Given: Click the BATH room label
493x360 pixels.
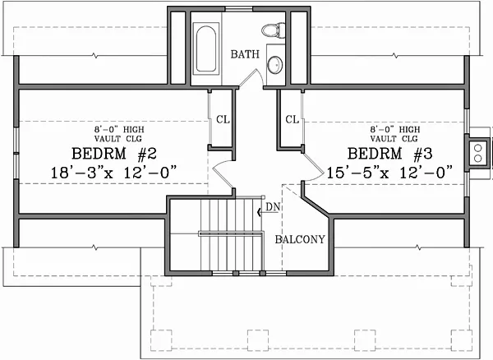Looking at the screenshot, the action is (245, 54).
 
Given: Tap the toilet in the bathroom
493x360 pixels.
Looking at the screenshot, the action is (273, 30).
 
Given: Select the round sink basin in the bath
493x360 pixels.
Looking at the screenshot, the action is (274, 65).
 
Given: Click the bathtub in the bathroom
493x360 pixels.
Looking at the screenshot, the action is (206, 48).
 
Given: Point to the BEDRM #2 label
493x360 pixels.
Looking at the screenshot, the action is (114, 154).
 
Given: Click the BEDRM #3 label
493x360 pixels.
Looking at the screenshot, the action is (389, 154).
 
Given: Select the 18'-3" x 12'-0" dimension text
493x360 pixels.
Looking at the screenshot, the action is (113, 173).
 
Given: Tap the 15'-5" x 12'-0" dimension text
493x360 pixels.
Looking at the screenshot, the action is (389, 173).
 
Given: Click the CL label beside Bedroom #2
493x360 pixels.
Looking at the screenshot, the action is (223, 119).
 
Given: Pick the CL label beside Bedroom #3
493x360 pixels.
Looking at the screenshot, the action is (292, 119).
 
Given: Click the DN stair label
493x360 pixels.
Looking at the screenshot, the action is (273, 207).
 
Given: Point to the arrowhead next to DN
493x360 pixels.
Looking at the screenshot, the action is (259, 212).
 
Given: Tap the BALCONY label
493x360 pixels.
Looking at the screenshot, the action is (300, 239).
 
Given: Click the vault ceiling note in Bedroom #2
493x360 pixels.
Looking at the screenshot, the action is (119, 134).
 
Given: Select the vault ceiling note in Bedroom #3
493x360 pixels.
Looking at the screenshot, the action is (394, 134).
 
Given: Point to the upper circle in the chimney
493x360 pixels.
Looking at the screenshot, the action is (477, 148).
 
